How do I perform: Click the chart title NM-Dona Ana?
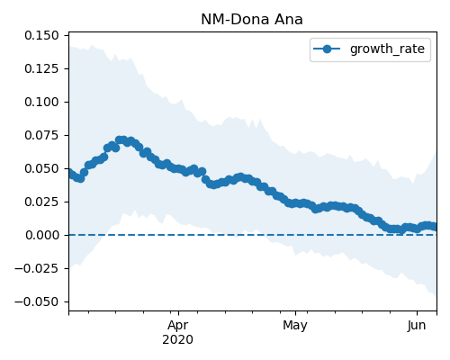pyautogui.click(x=252, y=20)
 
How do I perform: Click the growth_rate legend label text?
pyautogui.click(x=387, y=49)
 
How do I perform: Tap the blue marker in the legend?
pyautogui.click(x=327, y=49)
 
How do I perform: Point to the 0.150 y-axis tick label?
pyautogui.click(x=41, y=35)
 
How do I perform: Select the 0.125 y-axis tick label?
pyautogui.click(x=41, y=68)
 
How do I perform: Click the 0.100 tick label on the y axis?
pyautogui.click(x=41, y=102)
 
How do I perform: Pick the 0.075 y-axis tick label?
pyautogui.click(x=41, y=135)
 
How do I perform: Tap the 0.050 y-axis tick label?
pyautogui.click(x=41, y=168)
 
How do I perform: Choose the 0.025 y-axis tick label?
pyautogui.click(x=41, y=202)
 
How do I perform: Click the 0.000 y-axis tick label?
pyautogui.click(x=41, y=235)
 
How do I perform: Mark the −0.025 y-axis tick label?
pyautogui.click(x=37, y=268)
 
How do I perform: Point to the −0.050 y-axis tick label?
pyautogui.click(x=37, y=301)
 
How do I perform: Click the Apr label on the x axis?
pyautogui.click(x=178, y=326)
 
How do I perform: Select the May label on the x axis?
pyautogui.click(x=295, y=326)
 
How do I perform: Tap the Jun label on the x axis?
pyautogui.click(x=417, y=326)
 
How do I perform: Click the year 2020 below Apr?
pyautogui.click(x=178, y=340)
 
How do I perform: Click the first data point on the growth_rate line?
pyautogui.click(x=70, y=173)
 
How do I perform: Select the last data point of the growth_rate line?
pyautogui.click(x=435, y=227)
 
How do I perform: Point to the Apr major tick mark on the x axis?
pyautogui.click(x=178, y=313)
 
